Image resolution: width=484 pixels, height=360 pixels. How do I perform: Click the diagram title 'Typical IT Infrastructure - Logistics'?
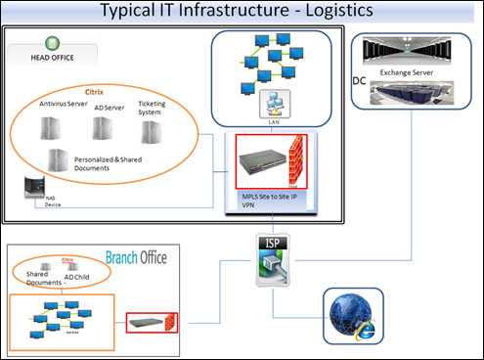(x=242, y=11)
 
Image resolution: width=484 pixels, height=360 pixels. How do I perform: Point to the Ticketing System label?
(x=152, y=107)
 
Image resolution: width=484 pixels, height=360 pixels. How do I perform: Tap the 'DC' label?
(x=358, y=79)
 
